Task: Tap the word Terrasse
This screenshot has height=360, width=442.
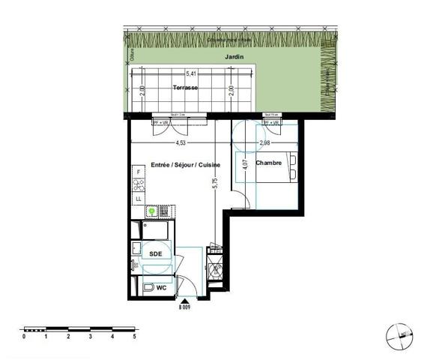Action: click(185, 88)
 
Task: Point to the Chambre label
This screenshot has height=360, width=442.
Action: click(269, 163)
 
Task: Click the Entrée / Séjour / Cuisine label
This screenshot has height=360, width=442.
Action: click(185, 164)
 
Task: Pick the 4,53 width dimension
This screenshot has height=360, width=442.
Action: click(181, 142)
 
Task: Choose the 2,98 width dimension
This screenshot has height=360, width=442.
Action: click(264, 142)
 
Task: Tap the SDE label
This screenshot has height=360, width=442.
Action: click(155, 254)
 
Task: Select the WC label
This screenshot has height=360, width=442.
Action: click(160, 287)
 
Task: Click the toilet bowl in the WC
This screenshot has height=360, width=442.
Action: click(148, 287)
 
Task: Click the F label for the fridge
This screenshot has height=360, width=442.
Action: click(138, 172)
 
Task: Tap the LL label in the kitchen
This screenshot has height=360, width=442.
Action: click(138, 198)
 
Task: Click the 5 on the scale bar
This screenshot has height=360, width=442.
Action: click(135, 337)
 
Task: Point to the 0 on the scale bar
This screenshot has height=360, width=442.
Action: click(24, 337)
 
